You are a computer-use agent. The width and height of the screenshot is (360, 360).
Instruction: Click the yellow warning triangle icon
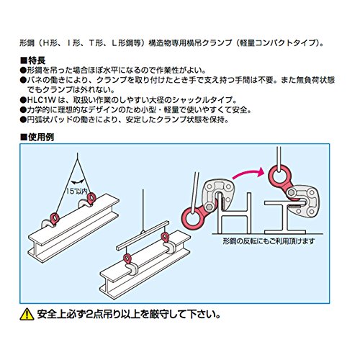coord(27,315)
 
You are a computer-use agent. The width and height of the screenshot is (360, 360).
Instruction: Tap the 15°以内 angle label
coord(77,192)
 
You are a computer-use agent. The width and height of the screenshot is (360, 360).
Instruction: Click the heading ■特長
coord(32,60)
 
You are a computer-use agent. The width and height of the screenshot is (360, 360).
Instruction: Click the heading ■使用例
coord(37,137)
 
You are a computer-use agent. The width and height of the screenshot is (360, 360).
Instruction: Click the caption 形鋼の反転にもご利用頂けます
coord(269,241)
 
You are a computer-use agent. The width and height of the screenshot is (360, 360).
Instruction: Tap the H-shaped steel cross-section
coord(235,214)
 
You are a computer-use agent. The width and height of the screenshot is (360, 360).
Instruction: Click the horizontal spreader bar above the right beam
coord(143,235)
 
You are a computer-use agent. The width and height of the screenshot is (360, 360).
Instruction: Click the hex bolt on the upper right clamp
coord(291,192)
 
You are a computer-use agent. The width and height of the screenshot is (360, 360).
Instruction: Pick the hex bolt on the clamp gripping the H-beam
coord(210,207)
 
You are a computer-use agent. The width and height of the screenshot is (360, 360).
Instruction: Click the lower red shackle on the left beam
coord(55,218)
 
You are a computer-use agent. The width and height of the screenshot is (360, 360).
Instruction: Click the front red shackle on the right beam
coord(127,258)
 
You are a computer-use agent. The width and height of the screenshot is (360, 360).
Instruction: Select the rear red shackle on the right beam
coord(165,237)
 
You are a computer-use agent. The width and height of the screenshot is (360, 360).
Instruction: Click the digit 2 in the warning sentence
coord(90,315)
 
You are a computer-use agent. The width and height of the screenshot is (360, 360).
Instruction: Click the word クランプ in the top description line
coord(217,43)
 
